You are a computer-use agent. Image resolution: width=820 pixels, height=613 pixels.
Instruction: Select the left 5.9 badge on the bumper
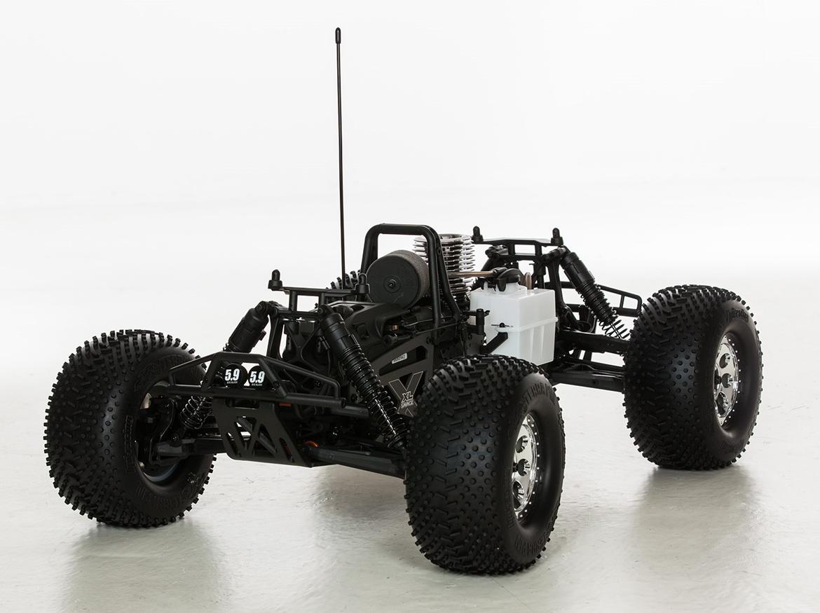[x=232, y=375]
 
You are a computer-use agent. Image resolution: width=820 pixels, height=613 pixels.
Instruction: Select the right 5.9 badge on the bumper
[x=257, y=376]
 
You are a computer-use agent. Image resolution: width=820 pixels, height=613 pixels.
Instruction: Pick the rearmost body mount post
[x=556, y=237]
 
